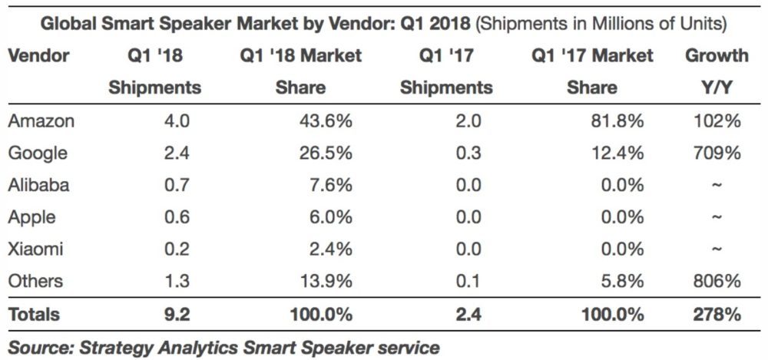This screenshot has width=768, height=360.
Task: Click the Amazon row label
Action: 41,121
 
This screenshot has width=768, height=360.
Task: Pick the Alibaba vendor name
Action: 38,185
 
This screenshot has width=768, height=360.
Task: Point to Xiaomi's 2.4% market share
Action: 331,249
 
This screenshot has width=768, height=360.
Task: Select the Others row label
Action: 35,282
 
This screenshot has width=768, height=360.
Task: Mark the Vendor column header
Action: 38,56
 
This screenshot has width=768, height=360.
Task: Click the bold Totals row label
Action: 34,314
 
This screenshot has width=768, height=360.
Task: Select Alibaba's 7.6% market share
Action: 331,185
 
